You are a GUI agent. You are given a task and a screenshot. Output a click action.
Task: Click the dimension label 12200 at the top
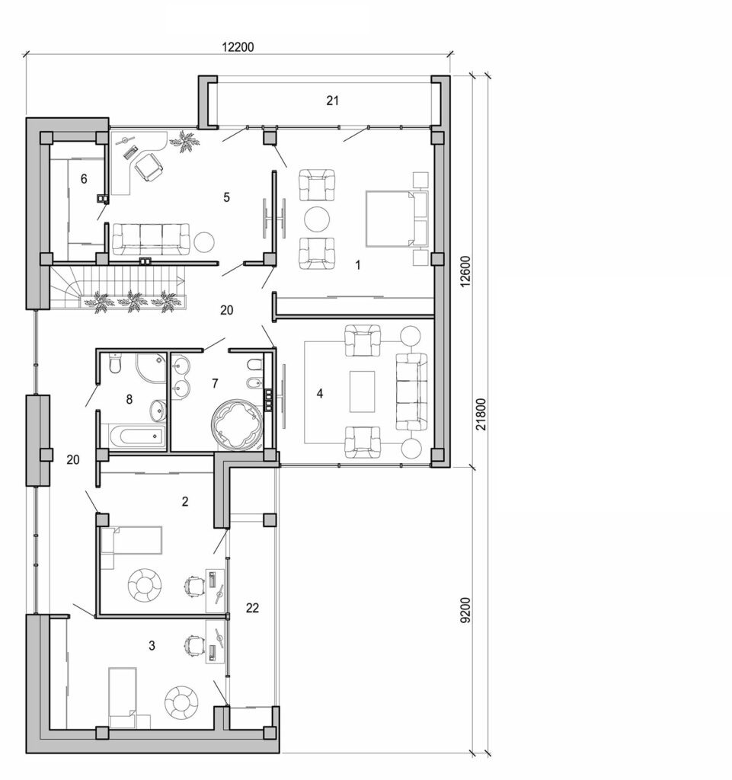coord(238,46)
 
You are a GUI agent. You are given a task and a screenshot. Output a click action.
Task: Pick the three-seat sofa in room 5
coord(151,238)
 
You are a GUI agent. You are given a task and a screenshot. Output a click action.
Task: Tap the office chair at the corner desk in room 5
coord(149,167)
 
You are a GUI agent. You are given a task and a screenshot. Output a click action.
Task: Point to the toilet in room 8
coord(113,366)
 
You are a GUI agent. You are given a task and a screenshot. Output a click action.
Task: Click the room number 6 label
coord(84,178)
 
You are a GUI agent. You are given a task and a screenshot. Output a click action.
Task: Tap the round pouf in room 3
coord(182,701)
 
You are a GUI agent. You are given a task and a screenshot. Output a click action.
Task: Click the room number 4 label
coord(320,394)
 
